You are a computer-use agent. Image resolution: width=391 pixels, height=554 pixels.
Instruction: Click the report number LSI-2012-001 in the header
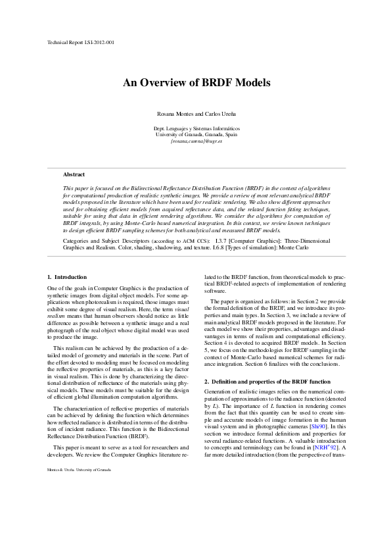pyautogui.click(x=99, y=42)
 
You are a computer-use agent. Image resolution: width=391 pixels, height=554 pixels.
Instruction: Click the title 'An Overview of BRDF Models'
pyautogui.click(x=196, y=83)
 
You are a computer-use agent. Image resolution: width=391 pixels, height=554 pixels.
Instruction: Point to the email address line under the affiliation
pyautogui.click(x=196, y=141)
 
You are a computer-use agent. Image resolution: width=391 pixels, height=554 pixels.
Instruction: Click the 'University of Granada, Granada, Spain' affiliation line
pyautogui.click(x=196, y=134)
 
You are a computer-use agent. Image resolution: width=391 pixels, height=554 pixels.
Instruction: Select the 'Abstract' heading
pyautogui.click(x=74, y=174)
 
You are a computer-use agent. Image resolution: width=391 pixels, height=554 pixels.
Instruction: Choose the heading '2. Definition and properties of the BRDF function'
pyautogui.click(x=269, y=382)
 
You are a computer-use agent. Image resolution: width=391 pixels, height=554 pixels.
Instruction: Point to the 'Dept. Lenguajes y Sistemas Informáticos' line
pyautogui.click(x=196, y=128)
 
